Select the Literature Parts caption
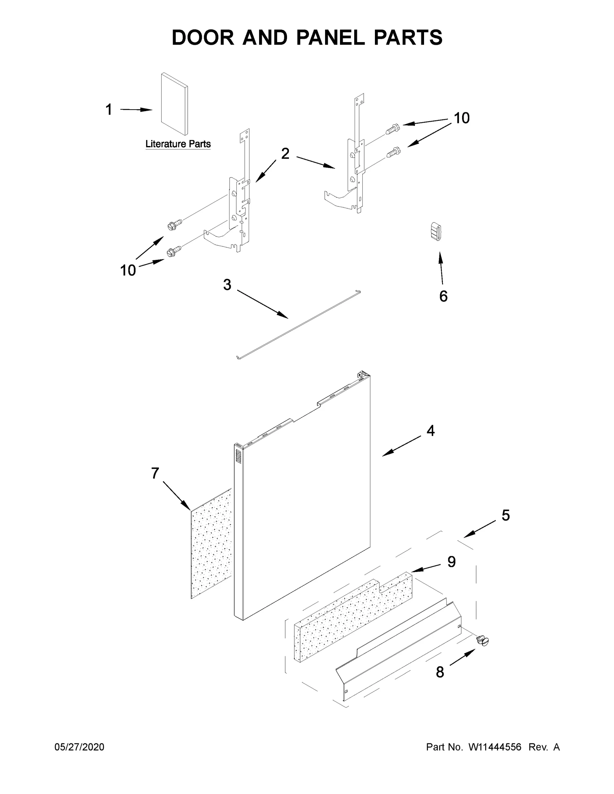(x=178, y=144)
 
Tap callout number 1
(x=109, y=110)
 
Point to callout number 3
(x=227, y=285)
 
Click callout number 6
(x=443, y=296)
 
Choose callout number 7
(x=155, y=473)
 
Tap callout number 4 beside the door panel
(x=431, y=431)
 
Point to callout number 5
(x=505, y=516)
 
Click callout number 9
(x=451, y=562)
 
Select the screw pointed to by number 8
(x=482, y=640)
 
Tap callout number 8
(x=440, y=672)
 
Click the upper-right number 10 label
(x=462, y=118)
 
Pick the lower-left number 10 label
(x=128, y=271)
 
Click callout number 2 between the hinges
(x=285, y=154)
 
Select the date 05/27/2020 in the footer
(x=79, y=747)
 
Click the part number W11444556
(x=495, y=747)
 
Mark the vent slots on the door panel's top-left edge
(x=238, y=458)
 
